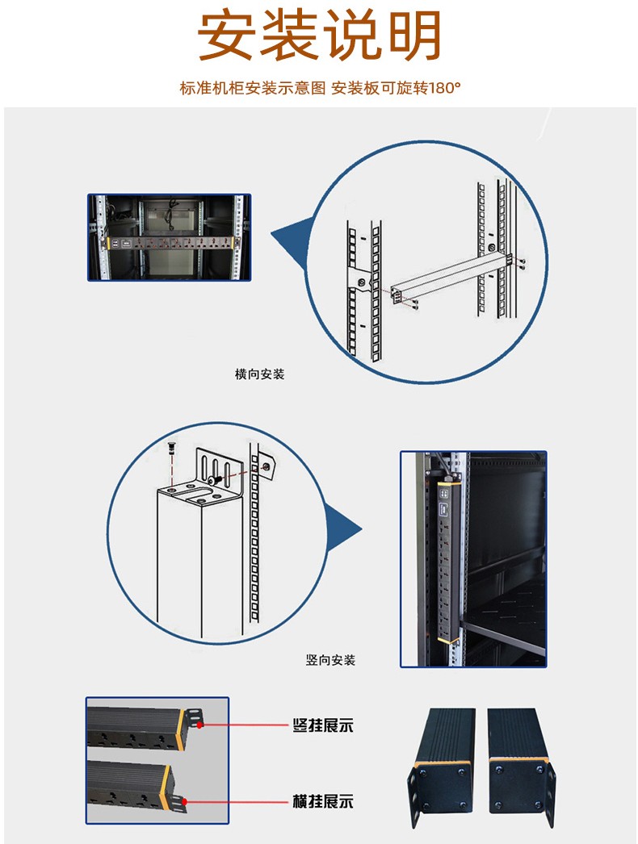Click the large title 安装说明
(x=320, y=37)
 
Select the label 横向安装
(x=259, y=374)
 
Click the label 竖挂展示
(x=322, y=725)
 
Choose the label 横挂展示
(x=322, y=802)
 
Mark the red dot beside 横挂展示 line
(x=186, y=801)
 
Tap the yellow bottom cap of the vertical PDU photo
(x=447, y=638)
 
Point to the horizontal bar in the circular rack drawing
(x=448, y=274)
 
